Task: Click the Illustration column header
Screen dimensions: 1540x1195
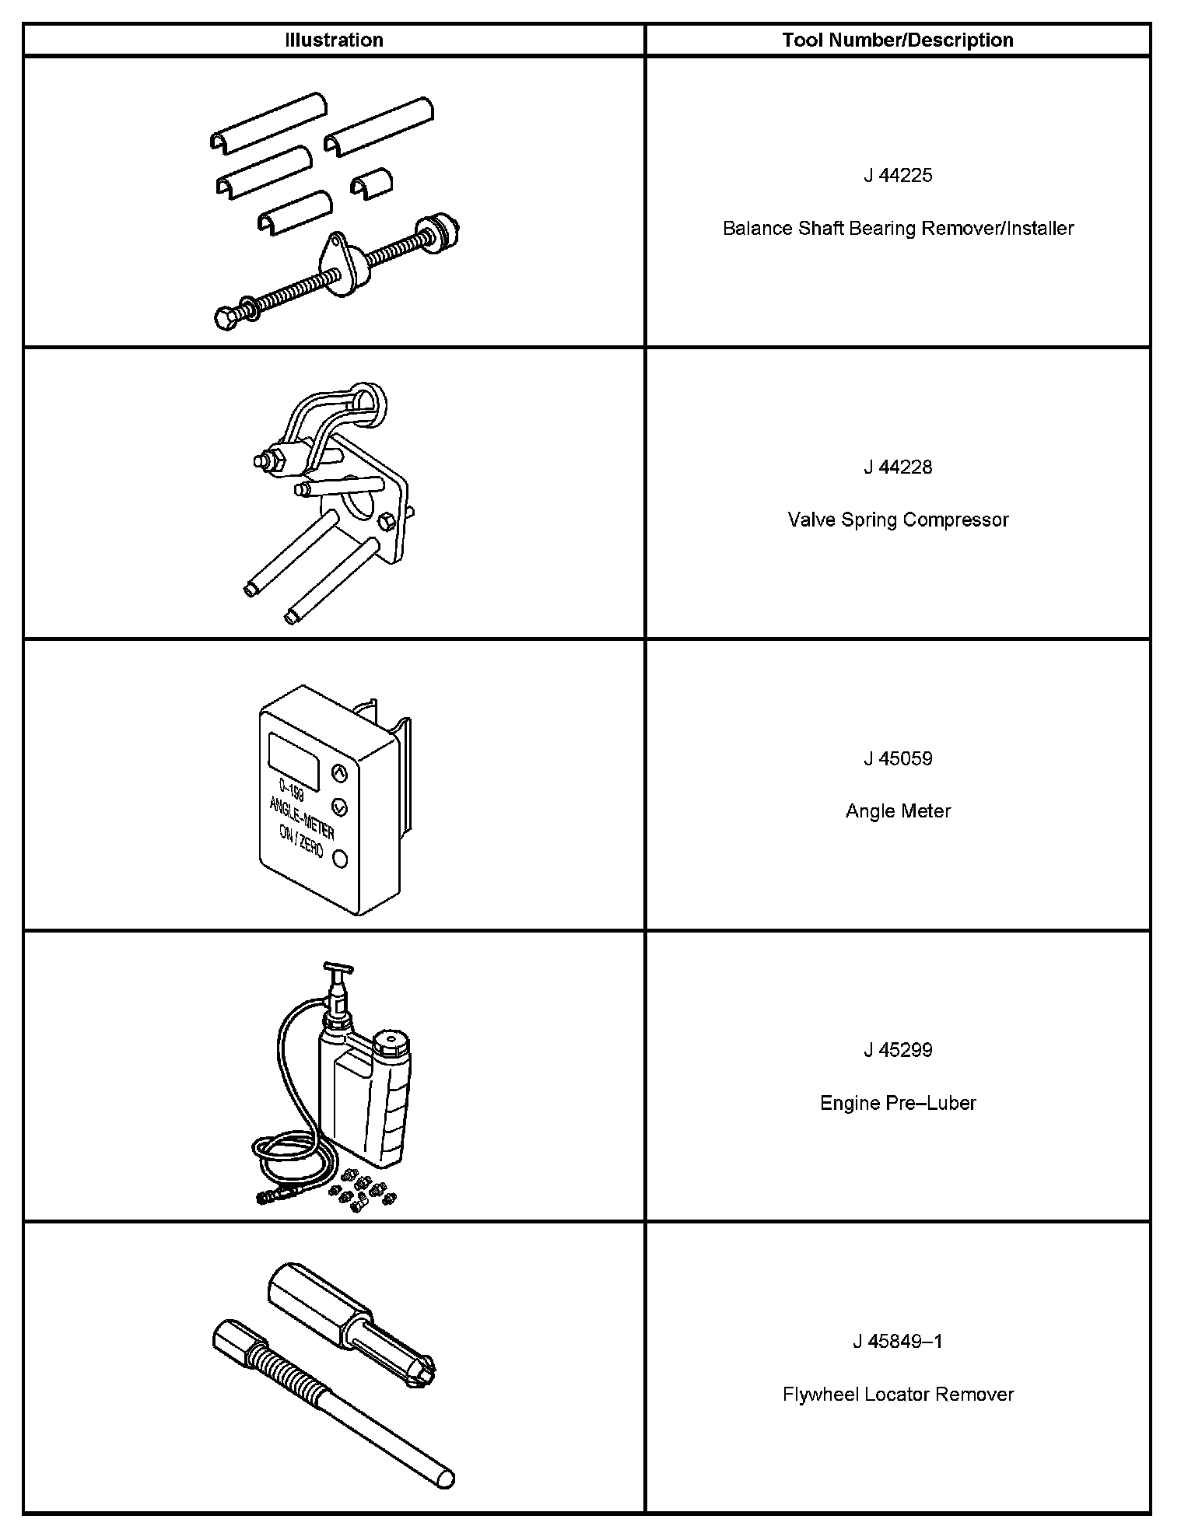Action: click(334, 40)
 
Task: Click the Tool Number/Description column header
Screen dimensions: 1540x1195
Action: click(898, 40)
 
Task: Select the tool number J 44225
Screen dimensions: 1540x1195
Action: click(898, 176)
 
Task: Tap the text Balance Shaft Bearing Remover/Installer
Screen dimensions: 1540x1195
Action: click(898, 229)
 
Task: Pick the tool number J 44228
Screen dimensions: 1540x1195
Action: click(898, 467)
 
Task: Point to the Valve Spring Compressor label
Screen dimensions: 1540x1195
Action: click(898, 520)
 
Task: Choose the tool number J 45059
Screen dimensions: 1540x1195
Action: click(898, 759)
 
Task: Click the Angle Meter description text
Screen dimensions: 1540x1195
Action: click(898, 811)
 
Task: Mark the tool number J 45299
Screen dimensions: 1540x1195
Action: click(898, 1051)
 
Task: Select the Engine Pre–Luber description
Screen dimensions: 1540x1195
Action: click(898, 1103)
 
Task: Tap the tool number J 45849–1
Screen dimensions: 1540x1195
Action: click(898, 1342)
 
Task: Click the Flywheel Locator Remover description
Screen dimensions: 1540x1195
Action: click(898, 1395)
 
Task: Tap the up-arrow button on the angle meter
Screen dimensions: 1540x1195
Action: click(339, 773)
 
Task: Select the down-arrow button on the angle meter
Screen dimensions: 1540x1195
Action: click(339, 806)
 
